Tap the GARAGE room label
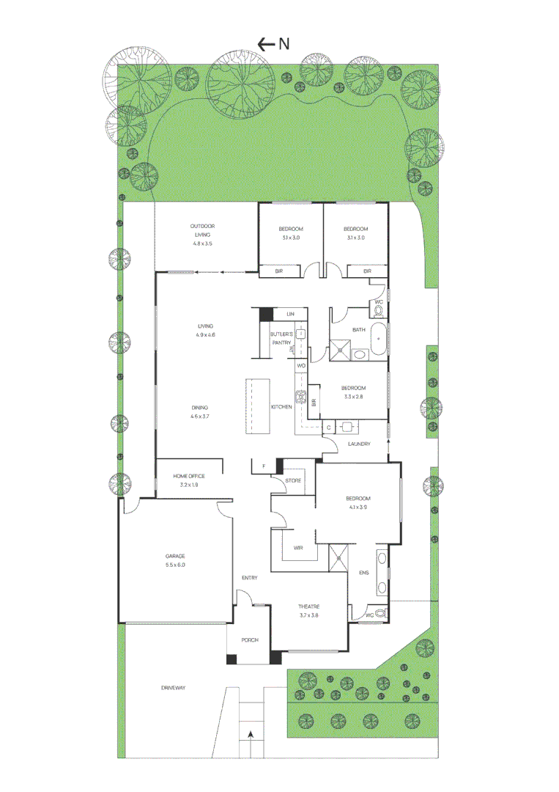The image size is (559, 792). tap(175, 556)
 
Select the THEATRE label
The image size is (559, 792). tap(308, 606)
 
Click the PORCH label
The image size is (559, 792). tap(250, 640)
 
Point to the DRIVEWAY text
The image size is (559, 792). tap(174, 688)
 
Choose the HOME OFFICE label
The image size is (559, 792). tap(188, 476)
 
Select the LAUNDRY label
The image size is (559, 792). tap(359, 444)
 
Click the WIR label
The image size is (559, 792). tap(299, 547)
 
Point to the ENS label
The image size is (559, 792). tap(363, 573)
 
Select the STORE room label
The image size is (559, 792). tap(293, 481)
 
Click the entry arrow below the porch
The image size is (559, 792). tap(251, 733)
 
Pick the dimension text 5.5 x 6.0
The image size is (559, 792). tap(175, 565)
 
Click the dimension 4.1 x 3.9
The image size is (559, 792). tap(358, 507)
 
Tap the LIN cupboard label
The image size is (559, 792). tap(291, 314)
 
